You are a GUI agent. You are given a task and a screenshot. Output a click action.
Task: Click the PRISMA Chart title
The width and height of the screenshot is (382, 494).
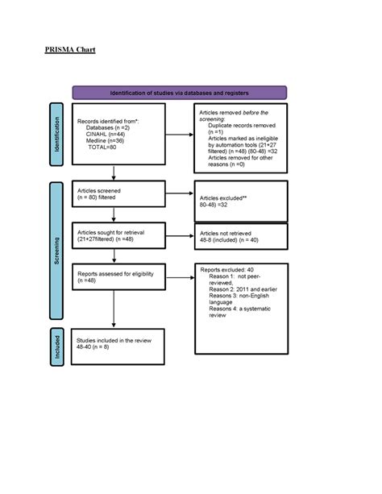(70, 50)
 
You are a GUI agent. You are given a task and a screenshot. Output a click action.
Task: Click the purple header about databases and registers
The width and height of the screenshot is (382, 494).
(179, 93)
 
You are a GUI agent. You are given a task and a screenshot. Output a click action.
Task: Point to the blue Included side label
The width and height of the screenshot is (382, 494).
(56, 347)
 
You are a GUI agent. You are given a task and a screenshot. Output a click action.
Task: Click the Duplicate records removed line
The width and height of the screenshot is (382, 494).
(243, 127)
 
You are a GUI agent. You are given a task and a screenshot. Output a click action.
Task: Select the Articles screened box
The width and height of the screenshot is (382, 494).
(118, 193)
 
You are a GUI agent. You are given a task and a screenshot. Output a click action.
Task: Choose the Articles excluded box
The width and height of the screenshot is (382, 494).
(240, 201)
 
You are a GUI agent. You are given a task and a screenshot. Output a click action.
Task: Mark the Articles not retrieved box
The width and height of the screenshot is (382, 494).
(240, 237)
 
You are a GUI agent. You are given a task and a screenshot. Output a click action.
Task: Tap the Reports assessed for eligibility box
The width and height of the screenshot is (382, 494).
(118, 277)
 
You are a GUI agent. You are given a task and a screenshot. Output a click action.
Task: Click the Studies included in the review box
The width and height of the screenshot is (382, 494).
(118, 344)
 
